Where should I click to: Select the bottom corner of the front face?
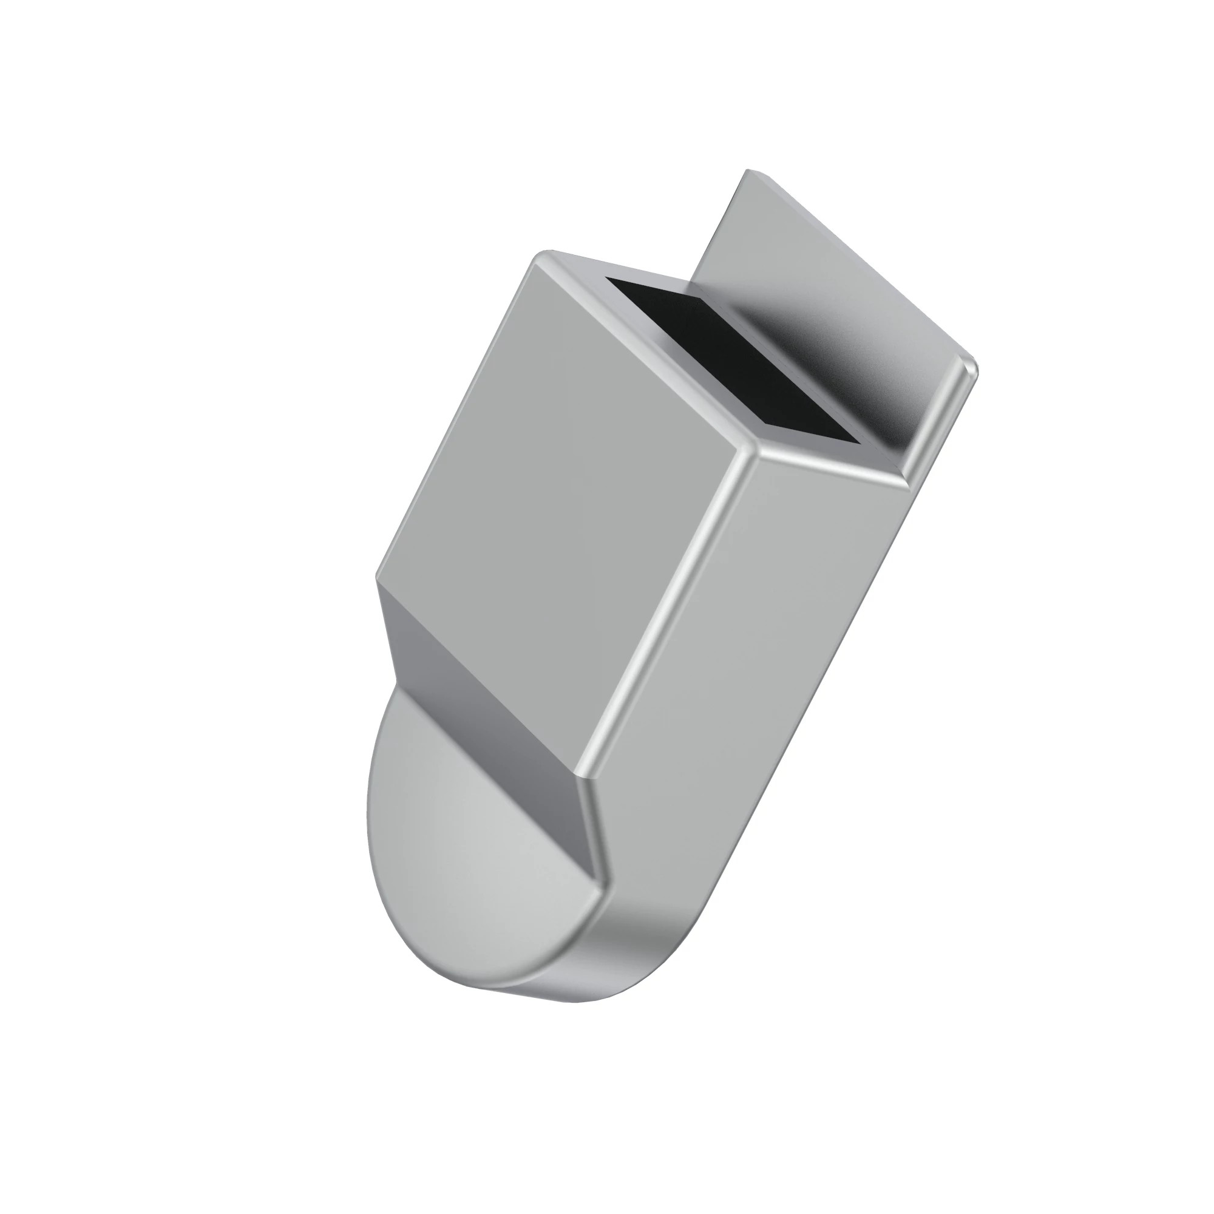tap(588, 778)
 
